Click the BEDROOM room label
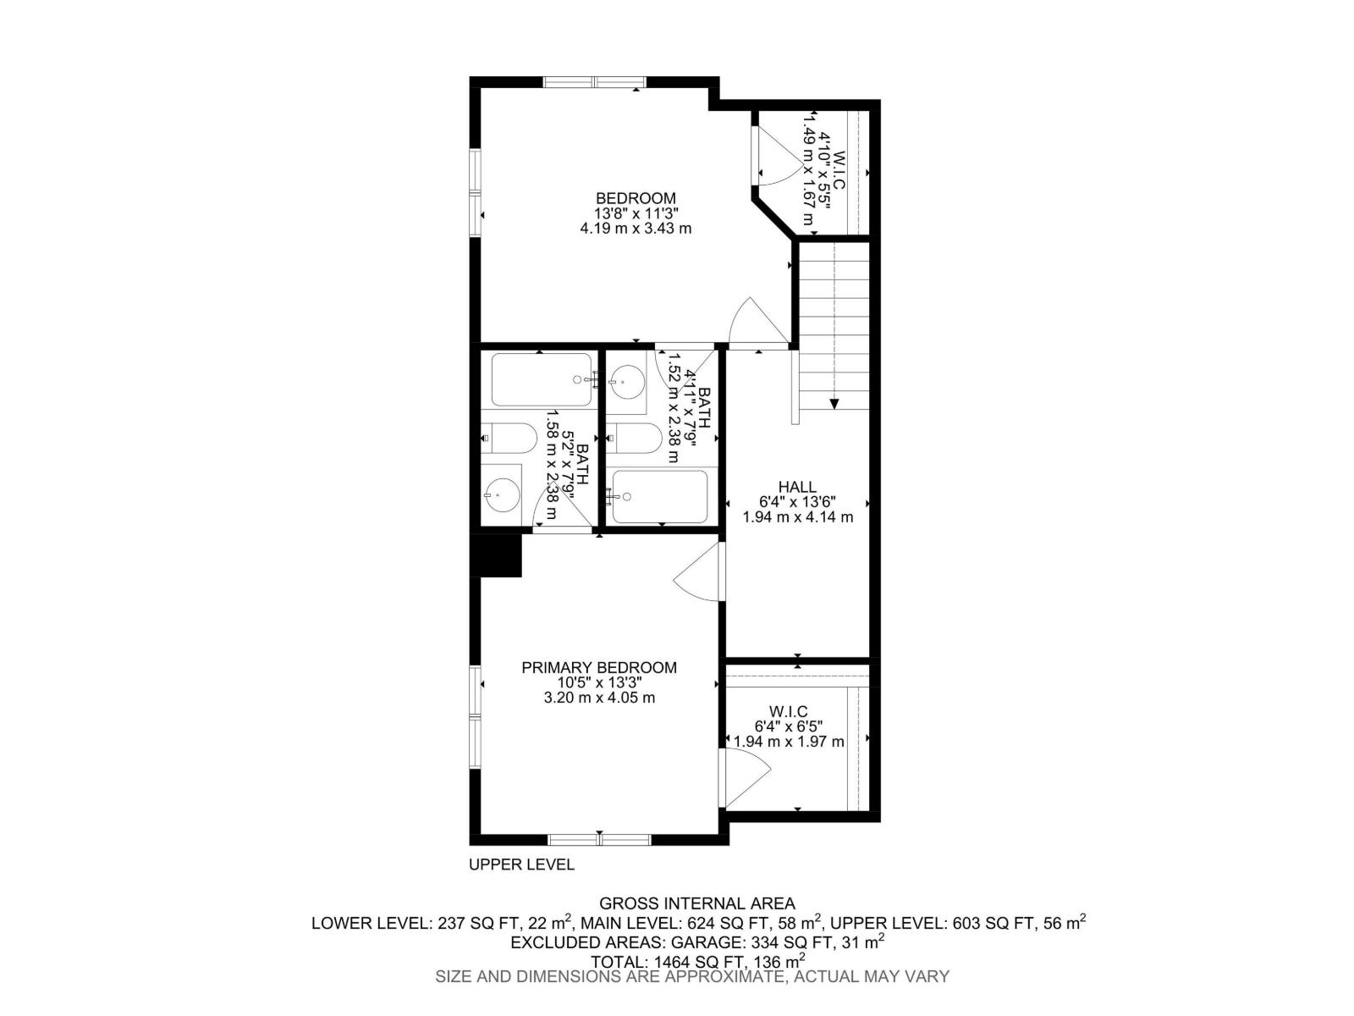(636, 198)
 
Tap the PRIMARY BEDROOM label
(599, 667)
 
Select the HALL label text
(797, 487)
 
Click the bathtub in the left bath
(542, 380)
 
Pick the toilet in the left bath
(509, 438)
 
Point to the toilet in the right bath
(636, 438)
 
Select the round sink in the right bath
(627, 381)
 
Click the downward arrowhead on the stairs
(834, 404)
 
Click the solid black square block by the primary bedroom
(496, 555)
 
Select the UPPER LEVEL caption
(522, 864)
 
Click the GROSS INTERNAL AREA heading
(697, 903)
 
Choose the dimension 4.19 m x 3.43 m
(636, 229)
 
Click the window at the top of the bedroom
(595, 81)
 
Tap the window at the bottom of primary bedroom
(599, 840)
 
